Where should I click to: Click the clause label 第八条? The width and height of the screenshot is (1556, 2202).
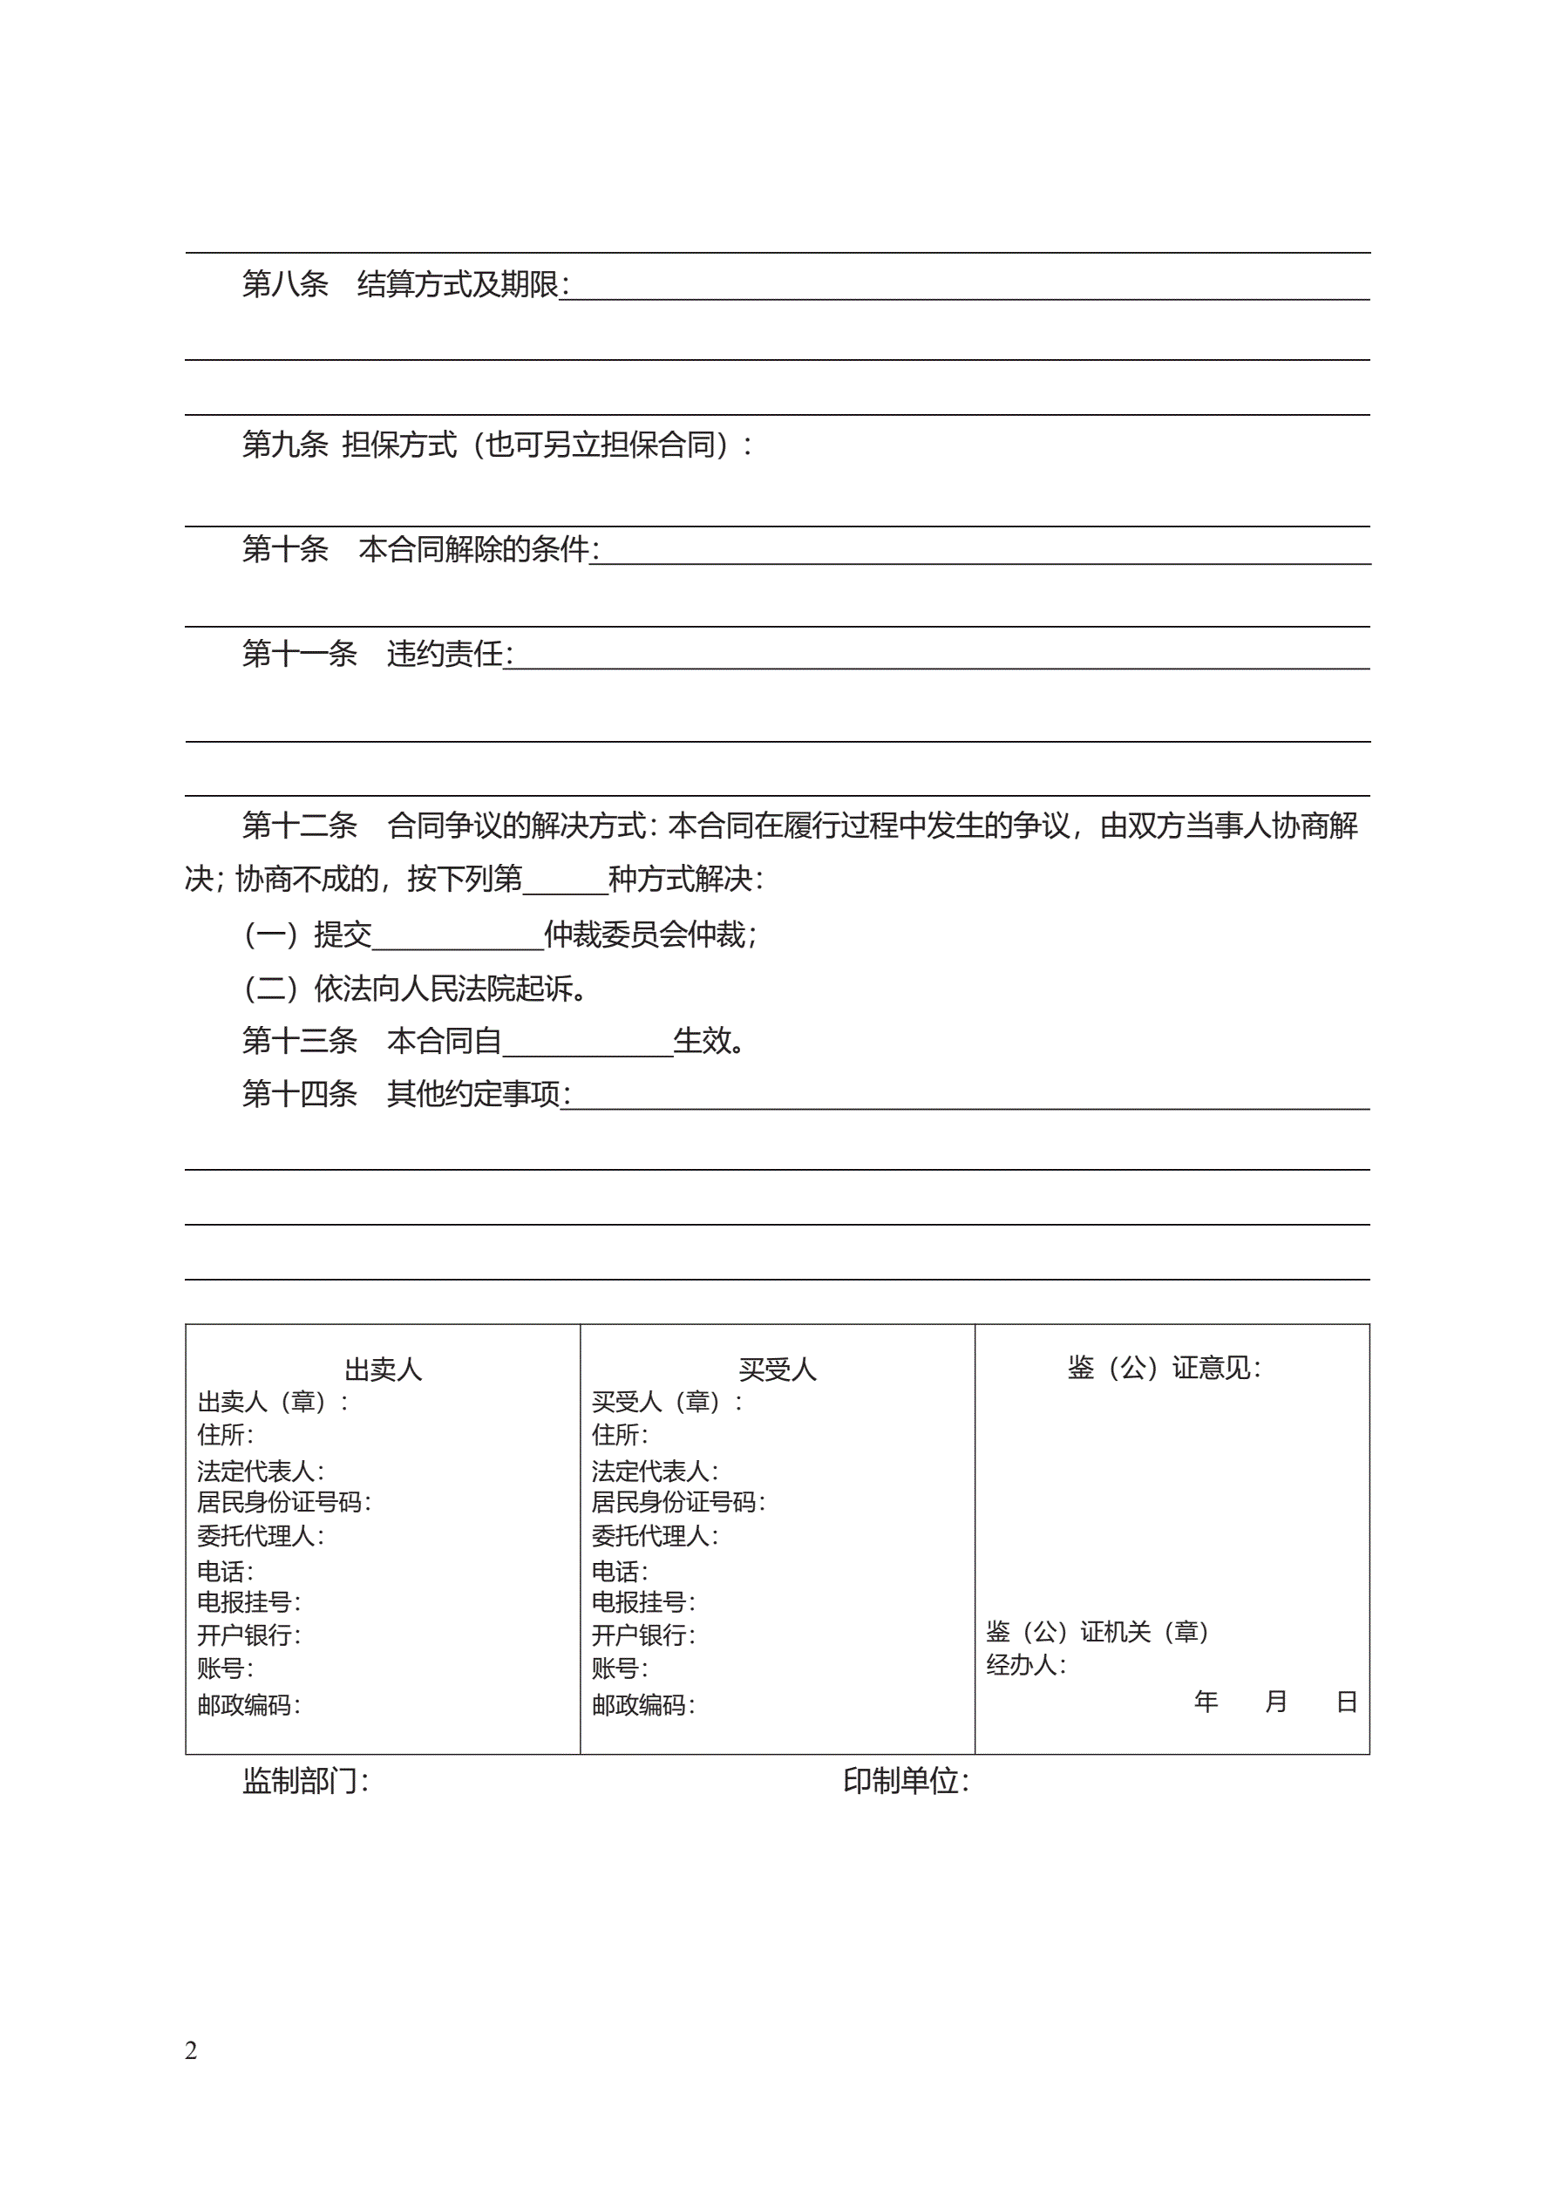click(x=285, y=284)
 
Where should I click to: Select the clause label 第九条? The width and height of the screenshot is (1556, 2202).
click(x=285, y=444)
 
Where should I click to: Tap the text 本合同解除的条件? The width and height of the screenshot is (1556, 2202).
click(x=474, y=548)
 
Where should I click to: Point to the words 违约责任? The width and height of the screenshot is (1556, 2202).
click(x=445, y=653)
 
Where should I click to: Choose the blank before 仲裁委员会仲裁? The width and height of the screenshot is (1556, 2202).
click(x=458, y=934)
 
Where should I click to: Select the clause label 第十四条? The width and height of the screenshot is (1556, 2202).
click(x=299, y=1093)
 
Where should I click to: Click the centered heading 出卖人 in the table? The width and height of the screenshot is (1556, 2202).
click(x=383, y=1369)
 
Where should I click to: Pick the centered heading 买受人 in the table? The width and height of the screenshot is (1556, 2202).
click(x=777, y=1369)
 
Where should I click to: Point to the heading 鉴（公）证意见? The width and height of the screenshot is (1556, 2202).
click(x=1163, y=1367)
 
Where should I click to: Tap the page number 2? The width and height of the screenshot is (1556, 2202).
click(x=191, y=2049)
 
